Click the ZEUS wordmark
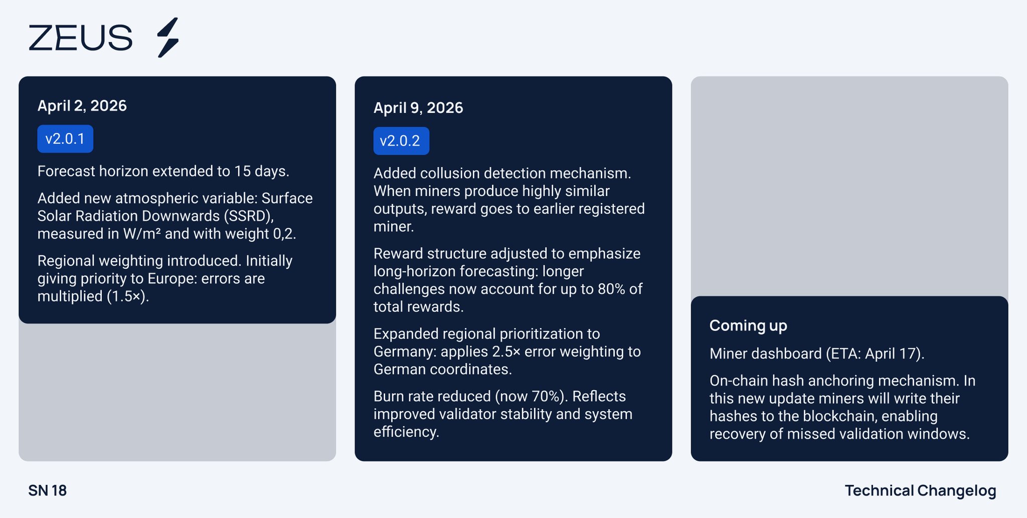tap(80, 38)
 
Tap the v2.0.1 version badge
tap(65, 139)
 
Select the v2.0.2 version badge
tap(401, 141)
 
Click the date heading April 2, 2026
tap(82, 106)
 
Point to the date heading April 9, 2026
tap(418, 108)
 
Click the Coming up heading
tap(748, 326)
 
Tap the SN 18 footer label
tap(48, 490)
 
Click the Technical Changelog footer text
tap(921, 491)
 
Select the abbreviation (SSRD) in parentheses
tap(249, 216)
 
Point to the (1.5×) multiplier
tap(128, 296)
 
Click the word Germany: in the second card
tap(405, 352)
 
